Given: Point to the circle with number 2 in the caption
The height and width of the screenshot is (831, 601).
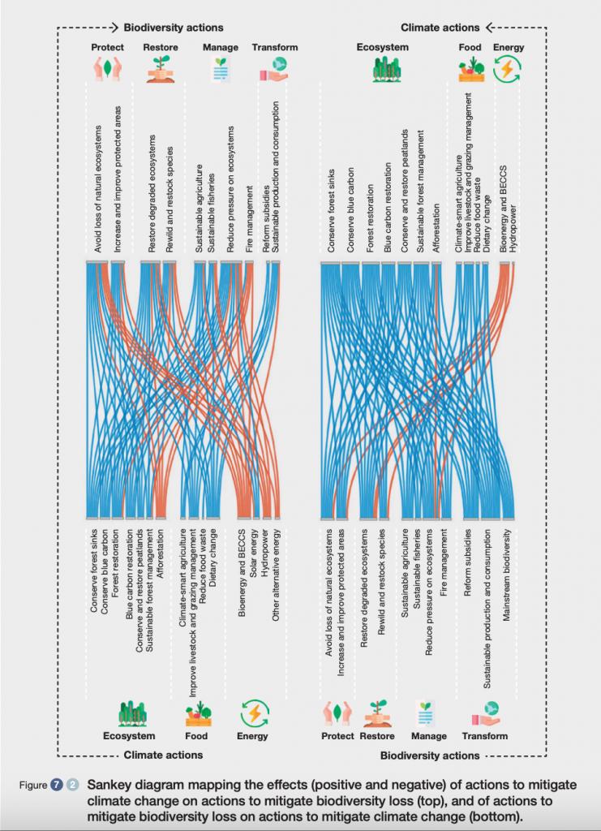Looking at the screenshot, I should (72, 785).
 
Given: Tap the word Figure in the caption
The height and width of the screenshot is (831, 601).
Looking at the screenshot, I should (33, 786).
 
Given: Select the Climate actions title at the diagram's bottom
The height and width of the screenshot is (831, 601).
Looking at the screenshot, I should (163, 756).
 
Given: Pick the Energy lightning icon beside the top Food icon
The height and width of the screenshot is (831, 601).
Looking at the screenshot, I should (509, 70).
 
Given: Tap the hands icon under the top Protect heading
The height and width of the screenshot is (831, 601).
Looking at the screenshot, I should (108, 70).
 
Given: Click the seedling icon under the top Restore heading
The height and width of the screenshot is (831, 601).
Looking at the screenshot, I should (160, 70).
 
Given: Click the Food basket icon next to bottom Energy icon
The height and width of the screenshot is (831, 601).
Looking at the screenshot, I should (196, 713).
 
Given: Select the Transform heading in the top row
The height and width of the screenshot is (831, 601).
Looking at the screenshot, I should (275, 48).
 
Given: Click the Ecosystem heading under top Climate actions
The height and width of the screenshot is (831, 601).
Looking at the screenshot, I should (382, 48).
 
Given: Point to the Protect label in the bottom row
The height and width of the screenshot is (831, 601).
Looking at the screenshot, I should (337, 736).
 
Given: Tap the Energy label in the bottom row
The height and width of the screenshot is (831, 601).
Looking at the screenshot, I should (252, 736).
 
